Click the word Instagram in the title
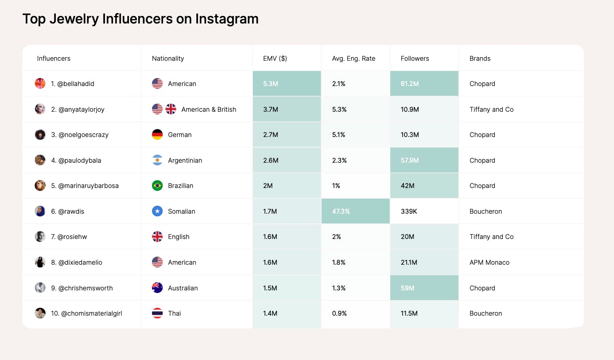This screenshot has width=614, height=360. click(227, 19)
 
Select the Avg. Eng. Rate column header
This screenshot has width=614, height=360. click(354, 59)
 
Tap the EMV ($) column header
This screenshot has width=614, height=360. click(275, 59)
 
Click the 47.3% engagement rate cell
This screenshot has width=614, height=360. click(341, 211)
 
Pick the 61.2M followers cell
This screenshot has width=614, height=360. click(410, 84)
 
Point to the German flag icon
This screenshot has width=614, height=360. click(157, 135)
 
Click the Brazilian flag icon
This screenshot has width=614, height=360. click(157, 186)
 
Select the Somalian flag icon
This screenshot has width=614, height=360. click(157, 211)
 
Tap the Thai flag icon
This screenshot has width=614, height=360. click(157, 313)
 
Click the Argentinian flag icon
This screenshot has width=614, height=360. click(157, 160)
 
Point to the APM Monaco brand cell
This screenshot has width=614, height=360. click(490, 262)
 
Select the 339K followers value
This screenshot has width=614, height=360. click(409, 211)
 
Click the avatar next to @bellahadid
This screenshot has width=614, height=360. click(40, 83)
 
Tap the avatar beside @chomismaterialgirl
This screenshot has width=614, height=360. click(40, 313)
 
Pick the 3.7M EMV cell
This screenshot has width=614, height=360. click(270, 110)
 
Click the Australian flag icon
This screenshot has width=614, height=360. click(157, 288)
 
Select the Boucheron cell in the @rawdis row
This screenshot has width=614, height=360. click(486, 211)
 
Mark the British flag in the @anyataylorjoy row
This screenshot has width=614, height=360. click(171, 109)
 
